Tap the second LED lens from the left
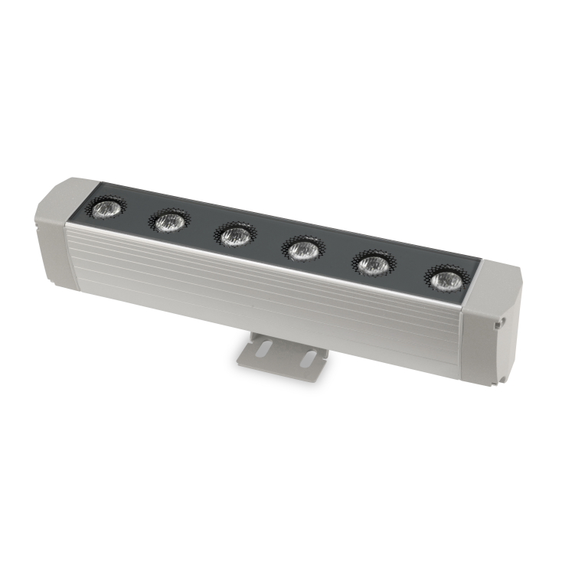tap(168, 221)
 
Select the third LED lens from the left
tap(234, 235)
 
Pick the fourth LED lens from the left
tap(303, 250)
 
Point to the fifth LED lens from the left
tap(373, 265)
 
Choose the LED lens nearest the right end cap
tap(445, 281)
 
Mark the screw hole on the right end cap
tap(498, 325)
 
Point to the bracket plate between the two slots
tap(284, 354)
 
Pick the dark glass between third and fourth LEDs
tap(269, 243)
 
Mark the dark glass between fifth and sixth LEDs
tap(409, 273)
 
